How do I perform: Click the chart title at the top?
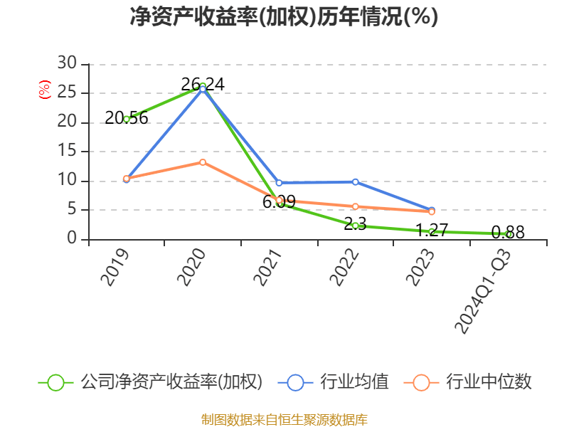click(x=284, y=17)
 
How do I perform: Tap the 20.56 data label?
click(x=127, y=118)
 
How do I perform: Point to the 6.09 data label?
click(x=279, y=202)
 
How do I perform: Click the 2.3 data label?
click(x=355, y=224)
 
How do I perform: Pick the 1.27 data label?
click(x=432, y=230)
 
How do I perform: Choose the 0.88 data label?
click(x=508, y=232)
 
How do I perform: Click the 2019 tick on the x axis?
click(x=115, y=267)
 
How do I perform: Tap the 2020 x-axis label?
click(x=191, y=267)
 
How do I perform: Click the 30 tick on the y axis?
click(x=67, y=63)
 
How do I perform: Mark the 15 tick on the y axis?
click(x=67, y=151)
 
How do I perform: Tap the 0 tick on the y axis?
click(x=71, y=239)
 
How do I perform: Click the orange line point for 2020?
click(x=203, y=162)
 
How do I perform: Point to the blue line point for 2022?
click(x=355, y=181)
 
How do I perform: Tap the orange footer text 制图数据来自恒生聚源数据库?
click(x=284, y=419)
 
